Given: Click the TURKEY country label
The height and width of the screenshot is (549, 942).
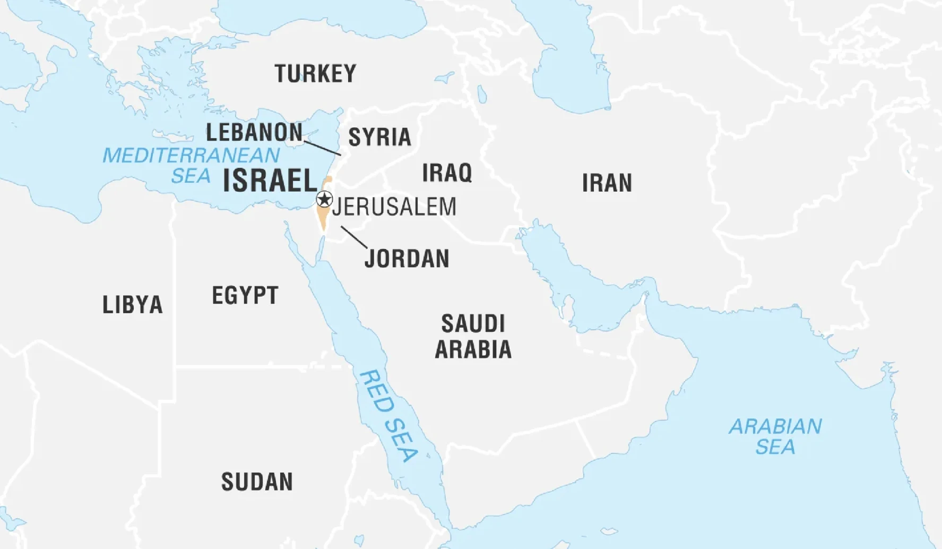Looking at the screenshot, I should [x=315, y=74].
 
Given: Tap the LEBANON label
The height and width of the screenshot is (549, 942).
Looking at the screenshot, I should [x=254, y=132].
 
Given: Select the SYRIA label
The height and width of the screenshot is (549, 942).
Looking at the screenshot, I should [x=379, y=137].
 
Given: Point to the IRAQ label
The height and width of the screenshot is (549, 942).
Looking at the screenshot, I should [x=447, y=173].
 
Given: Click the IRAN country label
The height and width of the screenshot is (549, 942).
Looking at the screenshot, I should [x=607, y=183].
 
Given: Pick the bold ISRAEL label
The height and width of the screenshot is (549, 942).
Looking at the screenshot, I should [x=270, y=181].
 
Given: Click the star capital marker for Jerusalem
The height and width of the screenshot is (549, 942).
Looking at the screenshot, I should [x=324, y=200].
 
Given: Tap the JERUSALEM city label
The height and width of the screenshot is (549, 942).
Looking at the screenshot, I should [x=394, y=207].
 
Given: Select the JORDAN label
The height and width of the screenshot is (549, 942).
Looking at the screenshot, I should [x=407, y=259].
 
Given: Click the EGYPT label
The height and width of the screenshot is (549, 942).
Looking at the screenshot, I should [x=245, y=295].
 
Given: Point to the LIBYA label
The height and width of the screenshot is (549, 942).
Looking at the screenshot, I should [x=132, y=305].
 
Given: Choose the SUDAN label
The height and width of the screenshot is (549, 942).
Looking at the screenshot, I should [x=257, y=482].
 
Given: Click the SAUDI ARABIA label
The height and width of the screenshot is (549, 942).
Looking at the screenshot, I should [x=473, y=337].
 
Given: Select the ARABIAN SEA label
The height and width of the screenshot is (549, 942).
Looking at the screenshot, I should [x=775, y=436].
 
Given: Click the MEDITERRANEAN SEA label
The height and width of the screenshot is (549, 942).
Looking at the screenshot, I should [x=191, y=165].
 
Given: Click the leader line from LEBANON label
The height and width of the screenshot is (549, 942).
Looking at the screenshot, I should [x=322, y=148].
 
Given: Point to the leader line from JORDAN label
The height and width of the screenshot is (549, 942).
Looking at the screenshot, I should [x=353, y=237].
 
